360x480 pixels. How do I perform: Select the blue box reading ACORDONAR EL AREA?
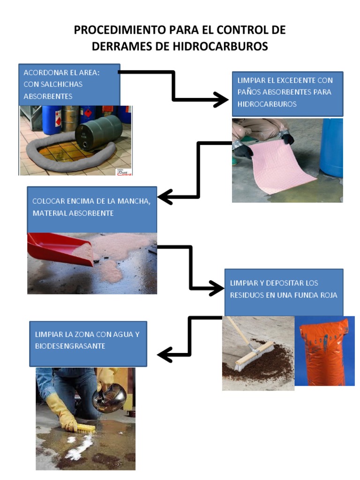pos(69,84)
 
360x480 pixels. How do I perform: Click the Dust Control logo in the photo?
pos(124,172)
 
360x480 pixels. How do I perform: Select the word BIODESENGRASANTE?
pos(70,346)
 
